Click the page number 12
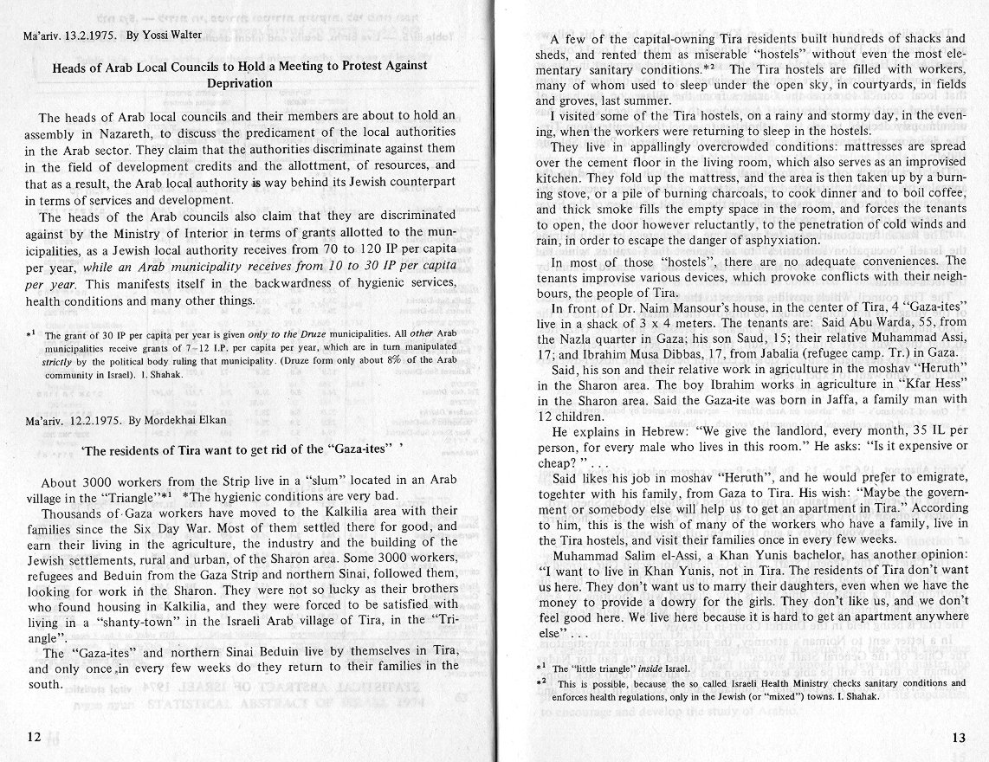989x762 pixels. [34, 737]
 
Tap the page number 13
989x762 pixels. [958, 738]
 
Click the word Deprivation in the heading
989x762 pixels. [240, 83]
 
